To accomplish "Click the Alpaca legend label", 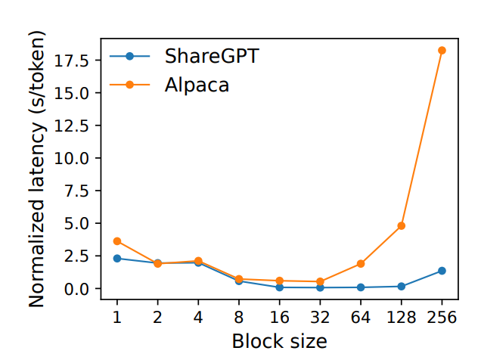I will [197, 85].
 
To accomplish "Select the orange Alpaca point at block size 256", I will [442, 51].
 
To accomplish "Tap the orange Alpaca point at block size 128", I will [402, 225].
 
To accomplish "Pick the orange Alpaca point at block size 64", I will [361, 264].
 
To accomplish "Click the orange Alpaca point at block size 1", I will [117, 241].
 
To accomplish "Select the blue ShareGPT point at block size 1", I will [117, 259].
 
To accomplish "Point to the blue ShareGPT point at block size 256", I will [442, 271].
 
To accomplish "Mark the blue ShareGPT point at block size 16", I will [280, 287].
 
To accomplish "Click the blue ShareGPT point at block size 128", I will [402, 286].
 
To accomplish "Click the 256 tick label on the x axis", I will [442, 317].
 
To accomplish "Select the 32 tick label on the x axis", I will [321, 317].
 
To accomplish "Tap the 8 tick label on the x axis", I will [239, 317].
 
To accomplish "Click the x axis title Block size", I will [279, 340].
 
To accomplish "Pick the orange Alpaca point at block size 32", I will [321, 281].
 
